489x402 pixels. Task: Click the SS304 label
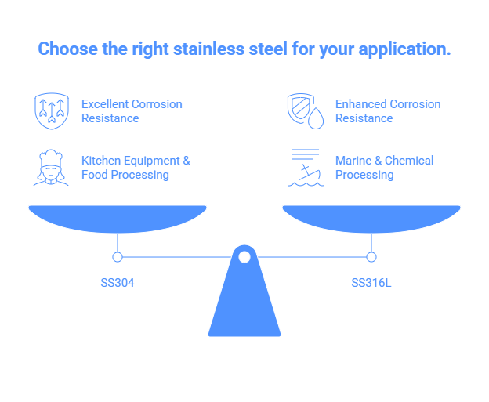tap(117, 282)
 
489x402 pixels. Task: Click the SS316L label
tap(371, 282)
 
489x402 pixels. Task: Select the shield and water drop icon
tap(304, 110)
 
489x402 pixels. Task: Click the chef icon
tap(50, 167)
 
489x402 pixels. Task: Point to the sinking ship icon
tap(304, 168)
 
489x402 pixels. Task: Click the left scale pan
tap(118, 217)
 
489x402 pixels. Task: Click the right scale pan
tap(371, 217)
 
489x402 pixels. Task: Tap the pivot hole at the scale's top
tap(244, 257)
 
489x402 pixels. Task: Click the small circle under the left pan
tap(118, 257)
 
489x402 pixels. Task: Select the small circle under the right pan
tap(371, 257)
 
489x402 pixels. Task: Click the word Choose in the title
tap(63, 49)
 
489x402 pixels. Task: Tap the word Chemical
tap(409, 160)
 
